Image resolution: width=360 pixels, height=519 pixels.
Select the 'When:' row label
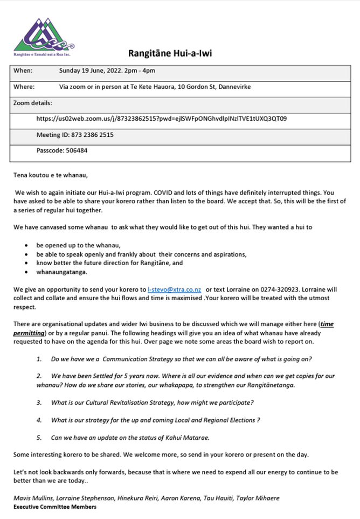23,71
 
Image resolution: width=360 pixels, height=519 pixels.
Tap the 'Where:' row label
24,87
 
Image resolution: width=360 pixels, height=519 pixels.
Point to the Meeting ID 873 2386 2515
75,135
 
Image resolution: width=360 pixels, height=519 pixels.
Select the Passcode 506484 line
62,150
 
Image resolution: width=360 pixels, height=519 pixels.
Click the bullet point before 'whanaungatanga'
26,272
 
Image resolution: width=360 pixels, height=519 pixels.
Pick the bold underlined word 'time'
327,324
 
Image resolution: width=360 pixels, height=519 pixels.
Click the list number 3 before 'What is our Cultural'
39,403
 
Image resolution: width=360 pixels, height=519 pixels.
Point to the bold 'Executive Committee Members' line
55,507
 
